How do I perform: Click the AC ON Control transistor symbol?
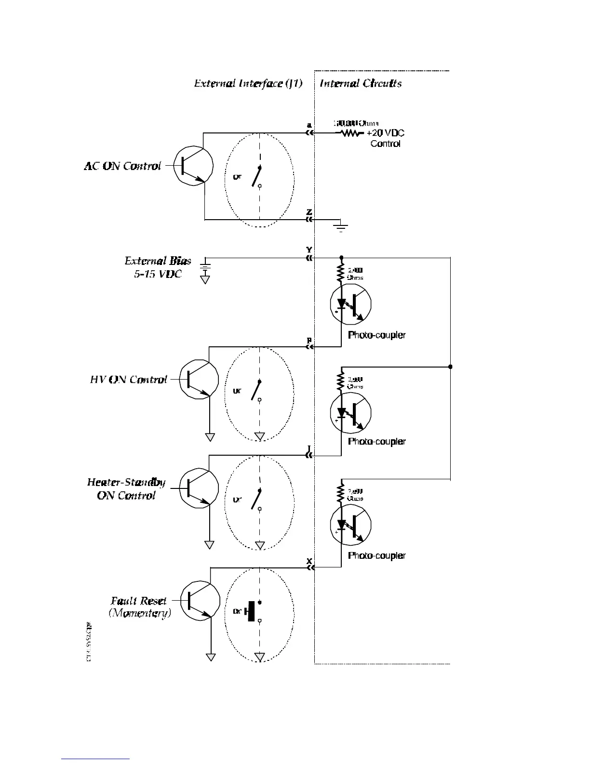193,166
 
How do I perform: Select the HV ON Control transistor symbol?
199,379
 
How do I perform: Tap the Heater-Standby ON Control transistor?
199,488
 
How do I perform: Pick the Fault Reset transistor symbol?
200,600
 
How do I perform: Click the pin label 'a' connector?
309,126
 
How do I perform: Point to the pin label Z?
309,212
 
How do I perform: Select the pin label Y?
309,250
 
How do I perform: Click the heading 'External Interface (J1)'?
248,83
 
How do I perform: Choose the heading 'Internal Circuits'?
361,83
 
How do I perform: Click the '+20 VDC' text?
385,133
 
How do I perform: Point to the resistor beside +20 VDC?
351,133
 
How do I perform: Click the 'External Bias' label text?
158,261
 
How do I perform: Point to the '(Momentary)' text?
140,613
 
